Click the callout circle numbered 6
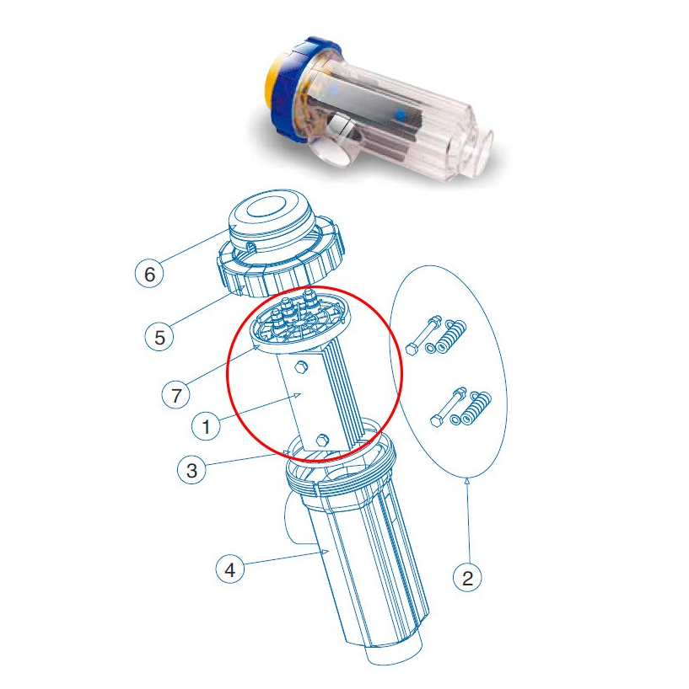[x=149, y=274]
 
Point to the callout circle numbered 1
[x=204, y=427]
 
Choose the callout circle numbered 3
[x=192, y=470]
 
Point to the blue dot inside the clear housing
[x=401, y=112]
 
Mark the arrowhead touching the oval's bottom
[x=467, y=481]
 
